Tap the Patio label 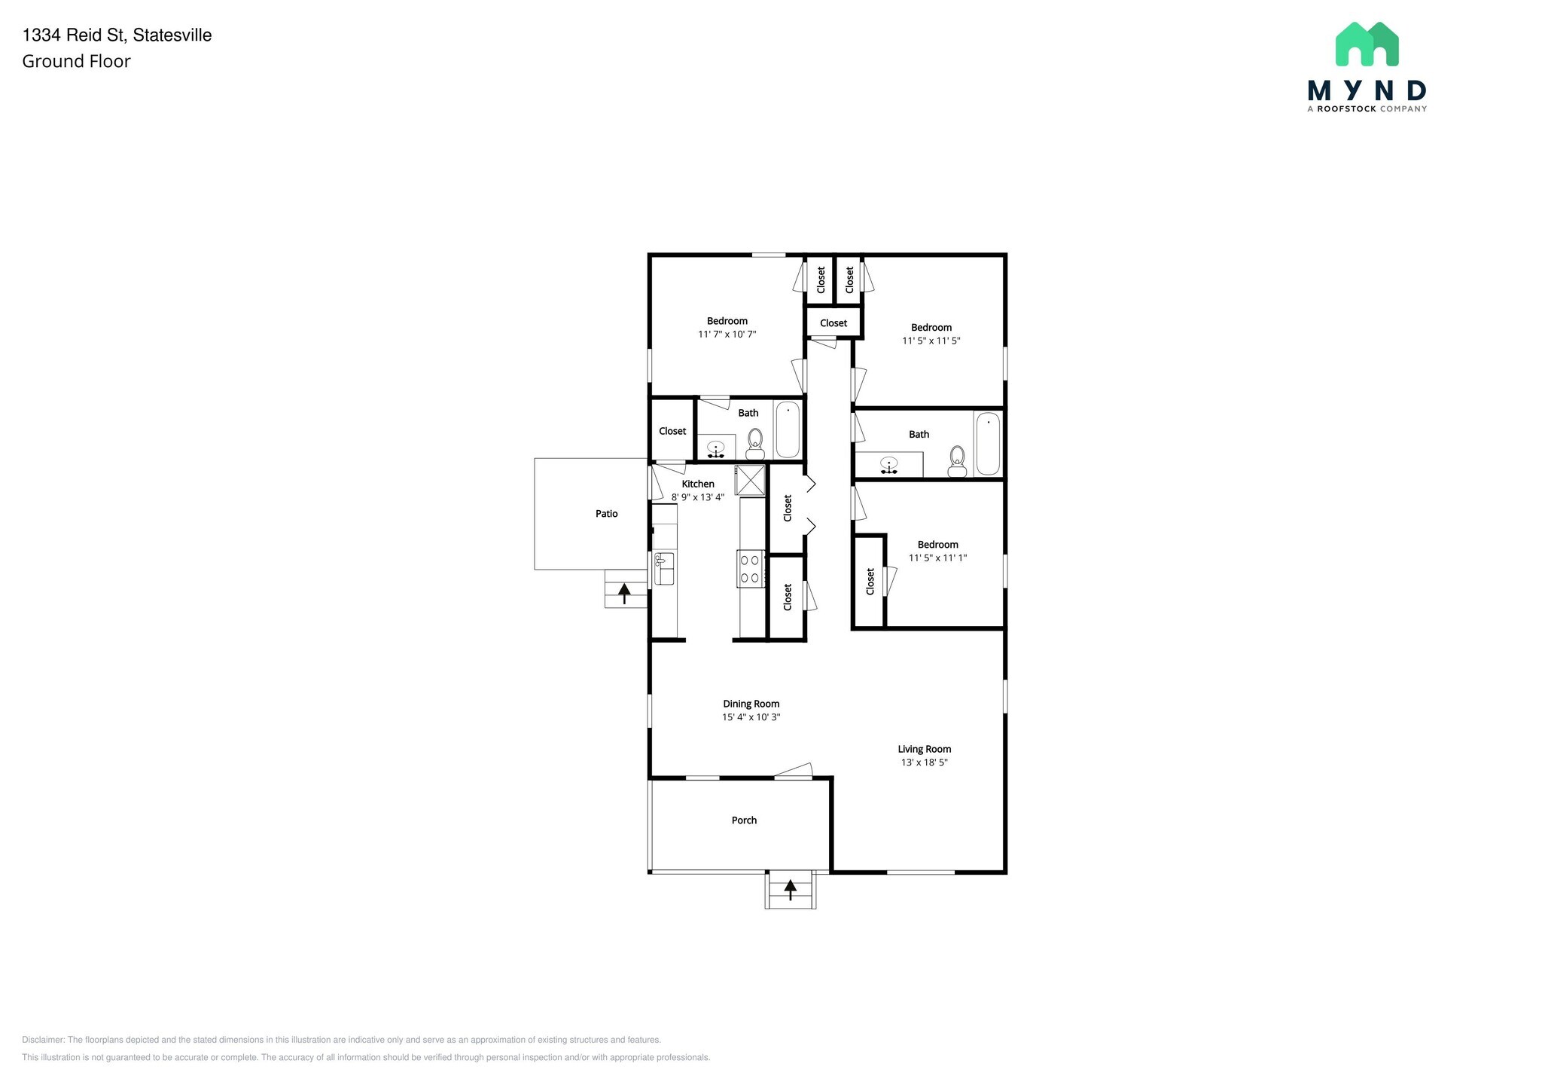[606, 514]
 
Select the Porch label [744, 820]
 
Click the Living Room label [924, 749]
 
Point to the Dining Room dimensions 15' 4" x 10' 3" [751, 717]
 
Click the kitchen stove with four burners [750, 569]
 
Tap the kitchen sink [663, 569]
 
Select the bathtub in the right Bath [987, 444]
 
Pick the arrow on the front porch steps [790, 890]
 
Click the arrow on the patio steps [624, 592]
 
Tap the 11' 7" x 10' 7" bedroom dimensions [727, 335]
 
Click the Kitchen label [698, 484]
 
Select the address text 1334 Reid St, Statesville [117, 35]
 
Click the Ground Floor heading [76, 62]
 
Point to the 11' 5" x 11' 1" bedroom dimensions [937, 558]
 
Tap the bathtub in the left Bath [788, 430]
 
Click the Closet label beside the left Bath [672, 431]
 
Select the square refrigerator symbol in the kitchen [750, 480]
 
